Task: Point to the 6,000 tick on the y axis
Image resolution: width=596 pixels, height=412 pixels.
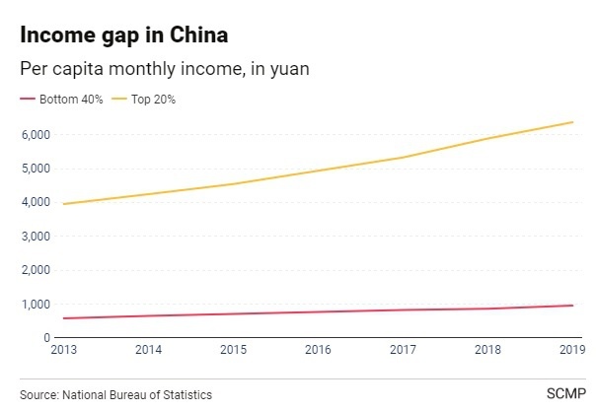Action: [x=34, y=134]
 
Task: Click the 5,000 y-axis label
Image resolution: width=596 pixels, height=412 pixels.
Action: [x=34, y=168]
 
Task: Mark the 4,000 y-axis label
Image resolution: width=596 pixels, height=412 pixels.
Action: [x=34, y=202]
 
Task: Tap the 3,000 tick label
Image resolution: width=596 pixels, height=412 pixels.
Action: [x=34, y=237]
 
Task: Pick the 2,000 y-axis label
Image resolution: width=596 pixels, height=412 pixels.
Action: [x=34, y=270]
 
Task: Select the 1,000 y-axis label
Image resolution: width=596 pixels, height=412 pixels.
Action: [x=34, y=304]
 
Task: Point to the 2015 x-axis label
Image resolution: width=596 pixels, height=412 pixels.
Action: [x=233, y=349]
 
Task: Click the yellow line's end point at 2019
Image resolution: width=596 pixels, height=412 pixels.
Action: [x=573, y=122]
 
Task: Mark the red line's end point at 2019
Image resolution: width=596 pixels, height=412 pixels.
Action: [x=573, y=305]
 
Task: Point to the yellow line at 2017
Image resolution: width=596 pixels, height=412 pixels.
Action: [x=403, y=157]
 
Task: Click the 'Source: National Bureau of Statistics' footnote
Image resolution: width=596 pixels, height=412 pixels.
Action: [x=115, y=394]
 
